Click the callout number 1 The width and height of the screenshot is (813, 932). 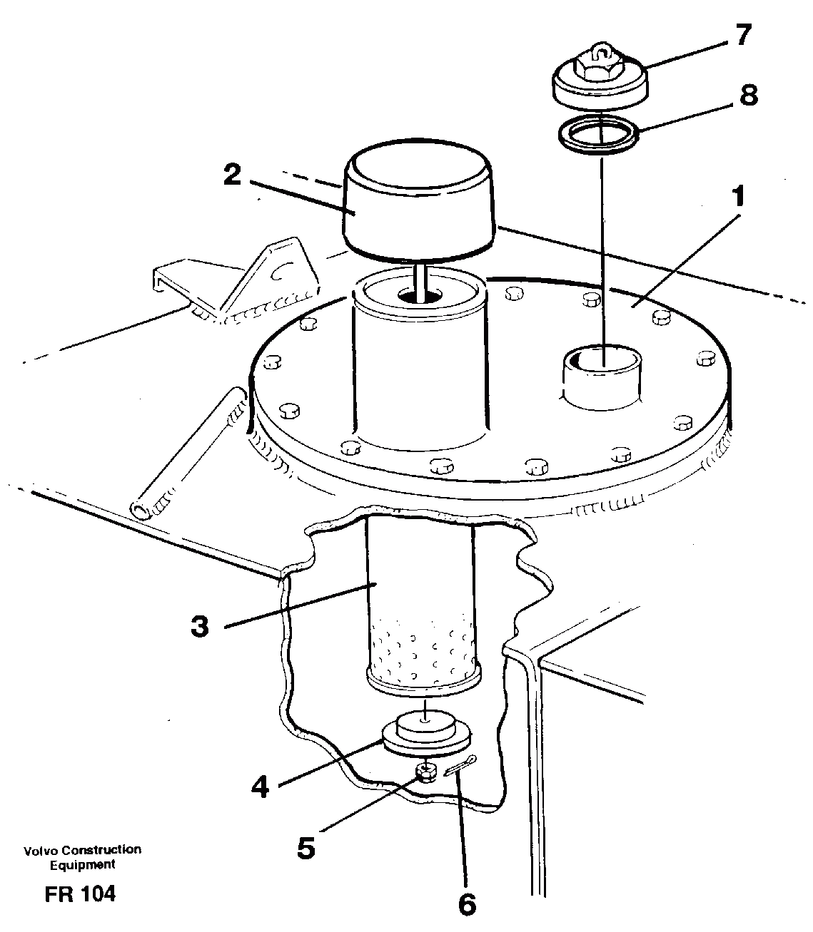(x=739, y=196)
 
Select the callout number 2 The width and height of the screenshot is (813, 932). (x=231, y=175)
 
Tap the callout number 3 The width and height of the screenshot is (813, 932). (x=200, y=627)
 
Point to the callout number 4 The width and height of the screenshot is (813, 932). (x=261, y=787)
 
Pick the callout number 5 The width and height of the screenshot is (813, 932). (x=305, y=848)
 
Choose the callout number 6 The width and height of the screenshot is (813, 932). (x=466, y=904)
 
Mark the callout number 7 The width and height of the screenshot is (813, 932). (x=743, y=35)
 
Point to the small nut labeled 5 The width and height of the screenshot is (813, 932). (x=425, y=772)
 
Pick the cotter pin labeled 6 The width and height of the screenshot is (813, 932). (x=459, y=766)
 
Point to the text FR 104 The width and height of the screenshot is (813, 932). (x=79, y=894)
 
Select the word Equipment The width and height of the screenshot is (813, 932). (x=81, y=864)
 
